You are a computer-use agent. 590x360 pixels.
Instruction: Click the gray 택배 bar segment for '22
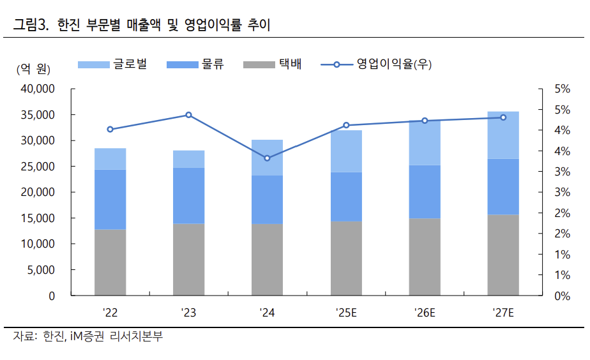110,262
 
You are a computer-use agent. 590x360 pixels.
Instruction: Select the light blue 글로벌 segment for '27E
503,135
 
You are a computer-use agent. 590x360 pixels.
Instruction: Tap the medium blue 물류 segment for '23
188,195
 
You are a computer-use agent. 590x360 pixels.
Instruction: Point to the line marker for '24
267,158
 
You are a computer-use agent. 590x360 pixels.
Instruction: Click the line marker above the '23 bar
188,115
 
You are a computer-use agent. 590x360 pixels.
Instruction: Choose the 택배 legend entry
272,64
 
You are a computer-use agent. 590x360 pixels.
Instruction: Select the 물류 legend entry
194,64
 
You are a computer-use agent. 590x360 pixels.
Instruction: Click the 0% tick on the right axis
562,296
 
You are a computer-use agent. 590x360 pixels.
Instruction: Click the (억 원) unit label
33,69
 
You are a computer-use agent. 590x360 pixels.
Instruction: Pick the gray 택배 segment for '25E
345,259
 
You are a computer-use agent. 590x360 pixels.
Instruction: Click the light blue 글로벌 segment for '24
267,158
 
